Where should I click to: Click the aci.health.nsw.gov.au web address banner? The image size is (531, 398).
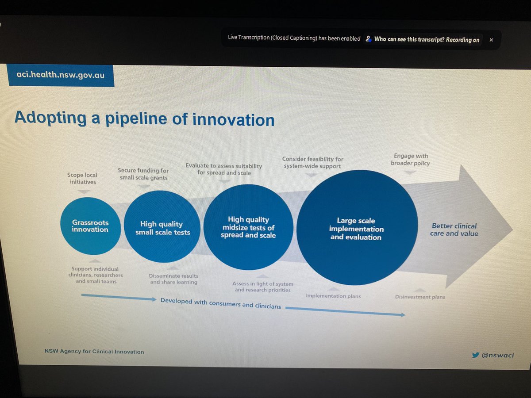(x=60, y=75)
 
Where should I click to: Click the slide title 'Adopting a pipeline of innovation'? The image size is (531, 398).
(x=144, y=119)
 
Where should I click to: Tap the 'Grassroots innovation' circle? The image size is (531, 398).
(x=90, y=226)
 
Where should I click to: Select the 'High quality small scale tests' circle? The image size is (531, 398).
(x=162, y=228)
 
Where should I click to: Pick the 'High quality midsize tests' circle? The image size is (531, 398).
(x=248, y=227)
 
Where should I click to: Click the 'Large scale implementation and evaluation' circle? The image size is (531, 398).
(x=356, y=229)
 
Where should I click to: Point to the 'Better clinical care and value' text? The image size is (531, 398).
(x=454, y=230)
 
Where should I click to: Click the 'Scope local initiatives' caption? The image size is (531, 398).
(x=82, y=179)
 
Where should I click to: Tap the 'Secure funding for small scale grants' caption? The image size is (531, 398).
(x=143, y=174)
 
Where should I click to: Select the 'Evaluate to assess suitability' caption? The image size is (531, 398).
(x=223, y=169)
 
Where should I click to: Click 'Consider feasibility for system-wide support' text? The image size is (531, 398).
(x=312, y=162)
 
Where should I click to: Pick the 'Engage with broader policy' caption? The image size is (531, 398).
(x=410, y=159)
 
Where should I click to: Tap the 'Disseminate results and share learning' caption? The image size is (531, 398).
(x=173, y=279)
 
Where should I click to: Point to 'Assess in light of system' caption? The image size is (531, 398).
(x=262, y=287)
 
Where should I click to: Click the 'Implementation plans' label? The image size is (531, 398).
(x=333, y=296)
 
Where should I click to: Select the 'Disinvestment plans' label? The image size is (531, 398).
(x=419, y=297)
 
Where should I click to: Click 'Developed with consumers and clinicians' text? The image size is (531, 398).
(x=220, y=303)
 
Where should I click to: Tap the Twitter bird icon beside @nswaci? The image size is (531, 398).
(x=475, y=355)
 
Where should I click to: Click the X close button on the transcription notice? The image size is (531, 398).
(x=491, y=40)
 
